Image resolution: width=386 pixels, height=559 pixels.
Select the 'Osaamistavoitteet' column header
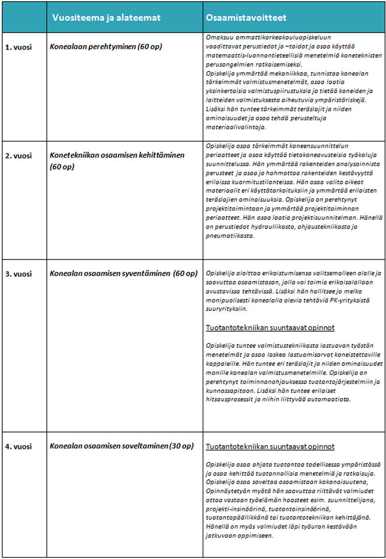tap(246, 18)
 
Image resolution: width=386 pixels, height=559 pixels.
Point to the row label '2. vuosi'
tap(18, 156)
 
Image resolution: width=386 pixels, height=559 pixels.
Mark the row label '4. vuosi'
tap(18, 447)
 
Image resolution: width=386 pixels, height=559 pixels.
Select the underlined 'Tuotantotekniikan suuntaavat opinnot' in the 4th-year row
tap(270, 447)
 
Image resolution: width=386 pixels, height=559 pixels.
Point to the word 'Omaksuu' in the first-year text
tap(218, 36)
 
